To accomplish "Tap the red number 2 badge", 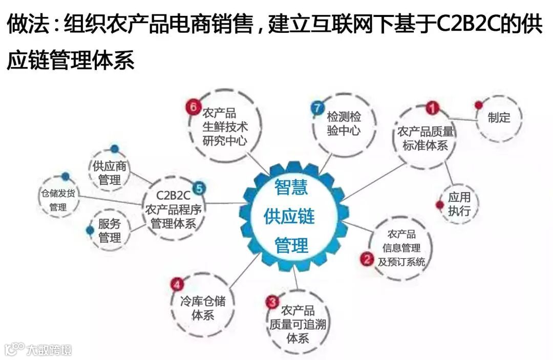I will click(367, 259).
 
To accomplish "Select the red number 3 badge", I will click(272, 302).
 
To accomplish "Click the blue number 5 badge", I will click(199, 188).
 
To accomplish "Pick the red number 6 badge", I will click(193, 107).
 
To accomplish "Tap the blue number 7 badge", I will click(317, 108).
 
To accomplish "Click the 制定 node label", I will click(499, 118).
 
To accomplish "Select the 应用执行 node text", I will click(459, 204).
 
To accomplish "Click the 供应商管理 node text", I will click(110, 173).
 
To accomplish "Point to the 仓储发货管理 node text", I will click(58, 201).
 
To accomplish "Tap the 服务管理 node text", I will click(110, 230).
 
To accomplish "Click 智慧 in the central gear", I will click(291, 187).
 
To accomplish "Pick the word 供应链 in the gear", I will click(289, 216).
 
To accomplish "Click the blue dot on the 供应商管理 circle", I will click(114, 149).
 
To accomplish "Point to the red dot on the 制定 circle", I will click(478, 105).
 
